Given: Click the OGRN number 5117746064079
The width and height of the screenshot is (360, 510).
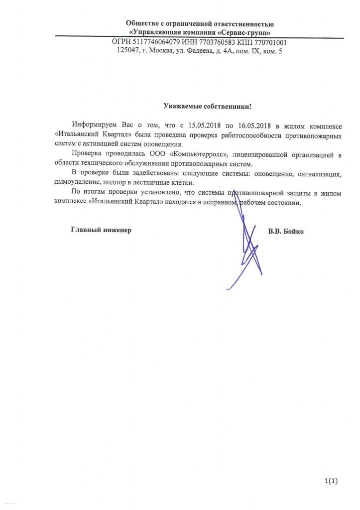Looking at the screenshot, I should pos(152,43).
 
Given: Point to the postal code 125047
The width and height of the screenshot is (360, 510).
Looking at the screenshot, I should pos(128,51).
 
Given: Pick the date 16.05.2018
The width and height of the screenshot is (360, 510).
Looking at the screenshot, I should pos(259,125).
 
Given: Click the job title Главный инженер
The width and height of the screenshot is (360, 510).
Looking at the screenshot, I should pos(101,231).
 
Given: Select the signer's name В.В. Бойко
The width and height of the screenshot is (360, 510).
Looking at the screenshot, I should pos(285,231).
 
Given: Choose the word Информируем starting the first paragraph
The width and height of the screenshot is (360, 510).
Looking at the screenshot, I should pos(93,125).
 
